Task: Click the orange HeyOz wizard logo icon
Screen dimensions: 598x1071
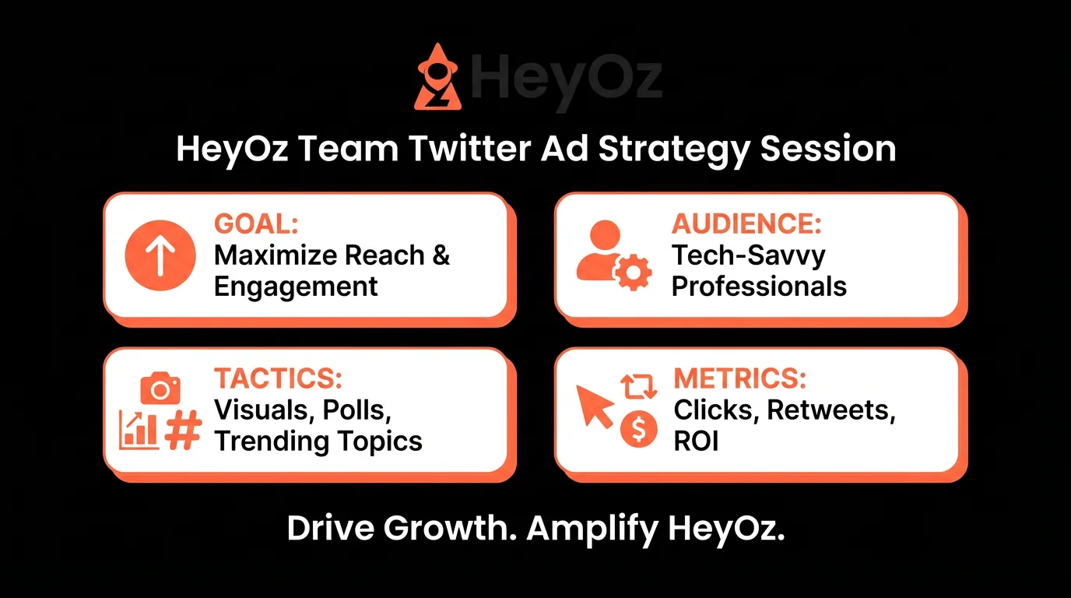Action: [x=437, y=78]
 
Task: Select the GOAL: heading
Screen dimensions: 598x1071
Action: [x=256, y=224]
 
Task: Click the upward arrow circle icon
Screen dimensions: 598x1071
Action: [x=160, y=255]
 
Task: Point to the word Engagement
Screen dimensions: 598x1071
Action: [x=296, y=287]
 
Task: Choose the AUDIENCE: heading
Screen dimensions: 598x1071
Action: [x=746, y=224]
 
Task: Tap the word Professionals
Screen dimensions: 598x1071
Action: [x=759, y=287]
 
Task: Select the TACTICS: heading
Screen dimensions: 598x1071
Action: [x=278, y=378]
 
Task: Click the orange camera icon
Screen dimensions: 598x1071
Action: [x=160, y=387]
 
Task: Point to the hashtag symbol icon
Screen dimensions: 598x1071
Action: [x=184, y=431]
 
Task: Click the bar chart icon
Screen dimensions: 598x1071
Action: [x=138, y=430]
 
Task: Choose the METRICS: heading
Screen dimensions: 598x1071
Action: [x=739, y=378]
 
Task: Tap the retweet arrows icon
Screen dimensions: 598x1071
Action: [x=639, y=387]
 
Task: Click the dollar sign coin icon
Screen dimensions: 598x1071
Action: [x=638, y=430]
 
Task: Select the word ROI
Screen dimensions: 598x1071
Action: [x=696, y=441]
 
